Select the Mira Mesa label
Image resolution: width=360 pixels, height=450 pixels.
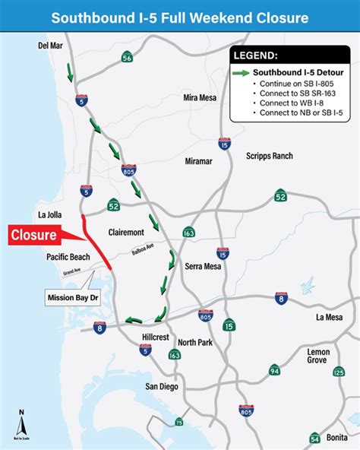pyautogui.click(x=201, y=98)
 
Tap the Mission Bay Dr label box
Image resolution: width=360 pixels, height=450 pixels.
pyautogui.click(x=74, y=296)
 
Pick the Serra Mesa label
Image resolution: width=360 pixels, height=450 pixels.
pyautogui.click(x=203, y=267)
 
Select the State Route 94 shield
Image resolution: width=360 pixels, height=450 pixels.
pyautogui.click(x=274, y=370)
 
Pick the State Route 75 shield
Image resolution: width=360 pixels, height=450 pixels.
pyautogui.click(x=179, y=423)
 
